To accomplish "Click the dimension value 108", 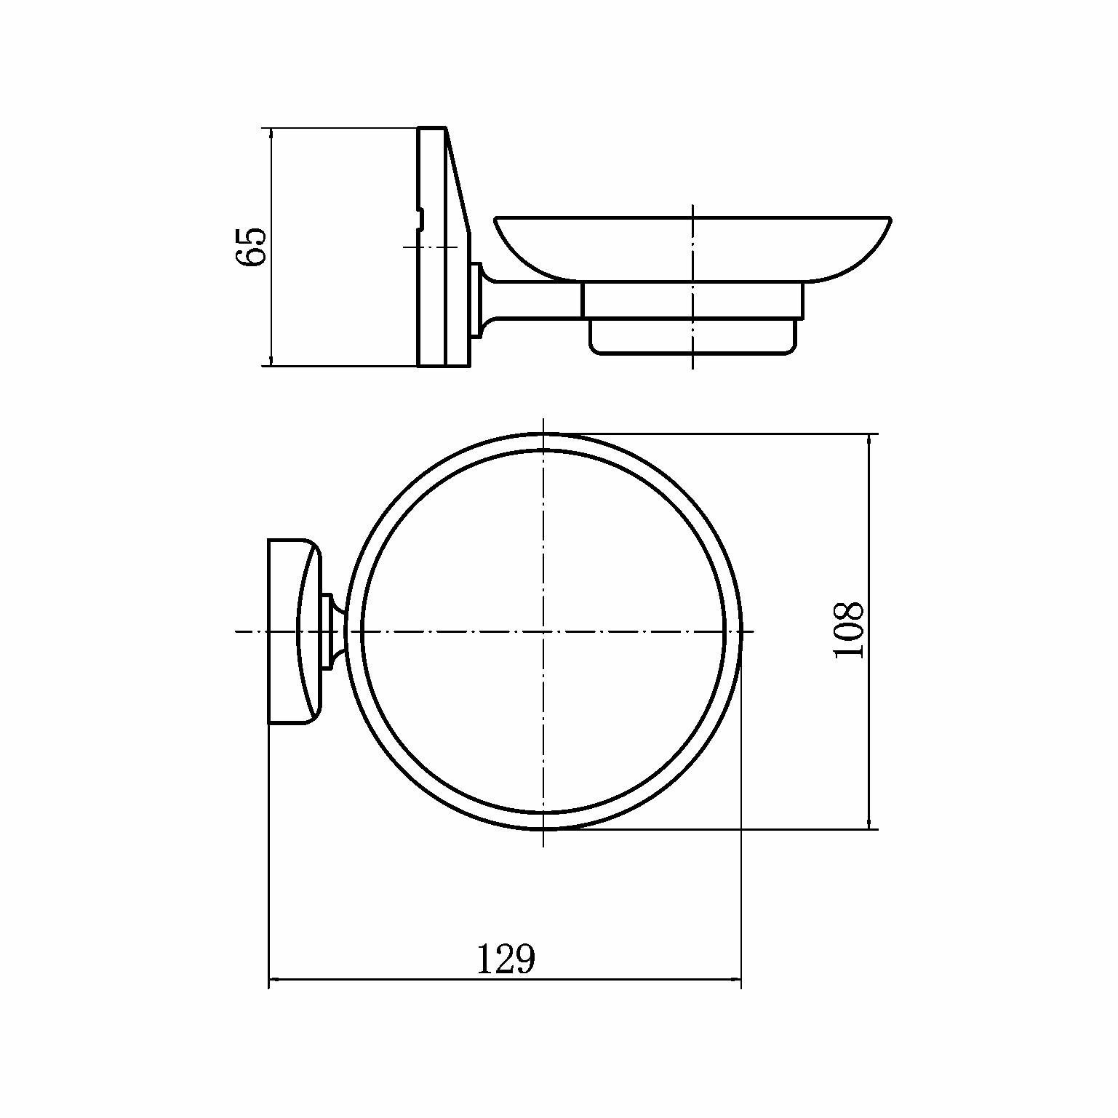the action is pyautogui.click(x=849, y=631).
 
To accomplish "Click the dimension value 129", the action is pyautogui.click(x=506, y=959).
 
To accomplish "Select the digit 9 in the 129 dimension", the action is pyautogui.click(x=525, y=959).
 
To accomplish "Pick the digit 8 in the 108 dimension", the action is pyautogui.click(x=849, y=612).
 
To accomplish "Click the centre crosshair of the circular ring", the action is pyautogui.click(x=543, y=631).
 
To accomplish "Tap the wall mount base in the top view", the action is pyautogui.click(x=294, y=631).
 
